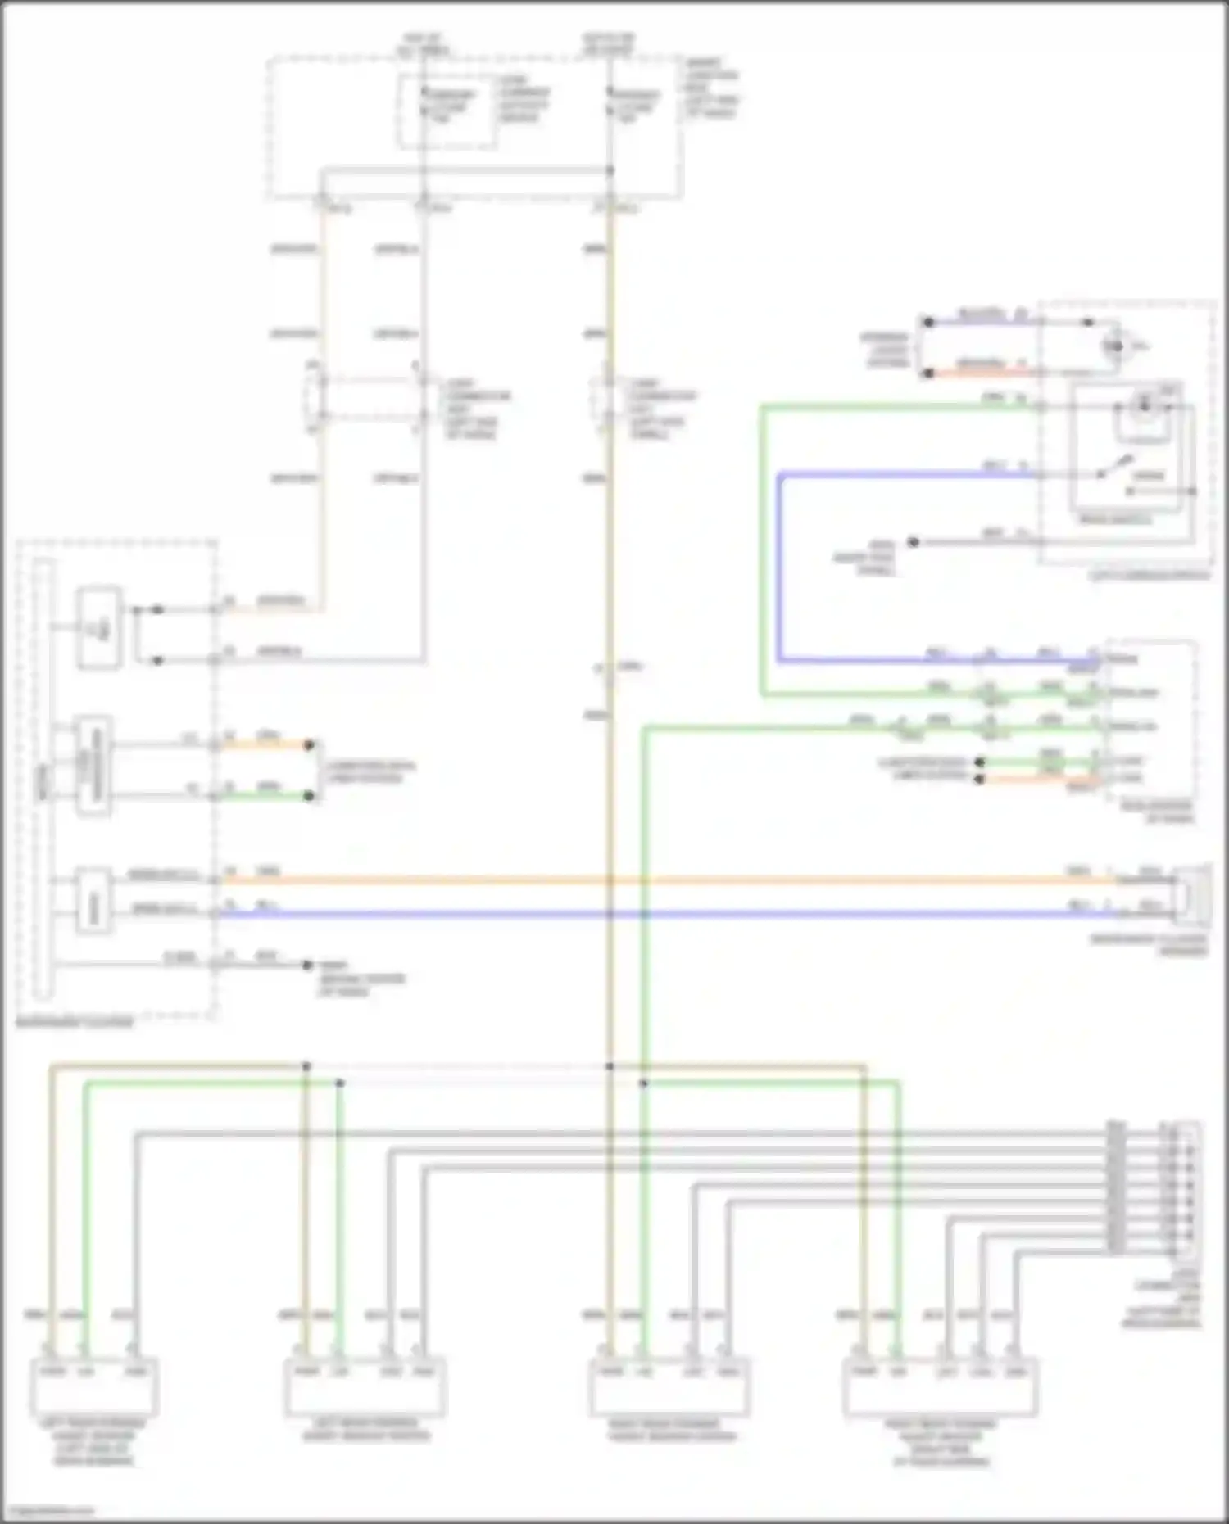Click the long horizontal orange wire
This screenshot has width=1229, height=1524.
[x=655, y=881]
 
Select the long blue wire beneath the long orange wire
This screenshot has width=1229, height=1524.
[x=655, y=914]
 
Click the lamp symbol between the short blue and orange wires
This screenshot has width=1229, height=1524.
[x=1114, y=346]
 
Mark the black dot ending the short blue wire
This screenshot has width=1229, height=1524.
[x=928, y=323]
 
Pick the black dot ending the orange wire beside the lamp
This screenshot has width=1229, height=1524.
[x=928, y=373]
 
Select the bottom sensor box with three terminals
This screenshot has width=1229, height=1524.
[x=94, y=1386]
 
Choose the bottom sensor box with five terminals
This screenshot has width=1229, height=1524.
[x=940, y=1386]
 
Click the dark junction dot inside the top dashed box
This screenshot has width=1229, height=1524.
[x=610, y=171]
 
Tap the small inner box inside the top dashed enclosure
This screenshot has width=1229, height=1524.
[x=447, y=111]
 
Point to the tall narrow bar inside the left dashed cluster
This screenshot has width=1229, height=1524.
[x=44, y=778]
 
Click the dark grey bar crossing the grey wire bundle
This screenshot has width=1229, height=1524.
[x=1115, y=1187]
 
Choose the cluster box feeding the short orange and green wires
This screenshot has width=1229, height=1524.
[x=93, y=767]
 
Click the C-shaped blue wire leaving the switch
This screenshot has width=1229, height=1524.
[x=779, y=565]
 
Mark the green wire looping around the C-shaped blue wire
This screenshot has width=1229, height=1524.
[x=763, y=549]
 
